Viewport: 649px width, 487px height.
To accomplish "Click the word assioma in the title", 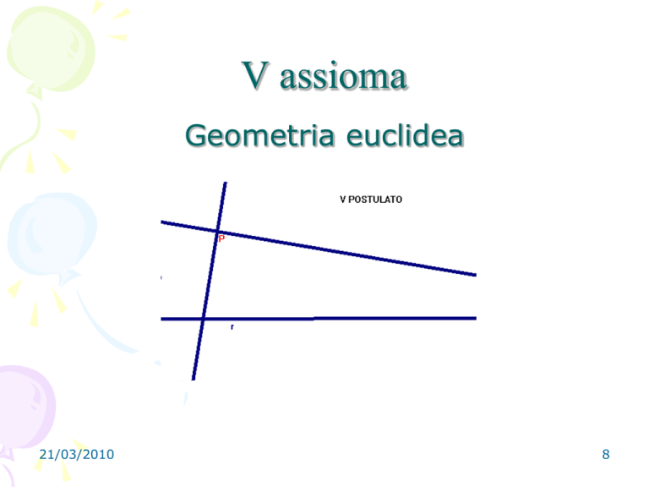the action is pyautogui.click(x=343, y=77).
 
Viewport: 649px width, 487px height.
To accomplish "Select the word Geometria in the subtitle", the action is pyautogui.click(x=259, y=136).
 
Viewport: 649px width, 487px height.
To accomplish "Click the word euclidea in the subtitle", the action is pyautogui.click(x=405, y=136).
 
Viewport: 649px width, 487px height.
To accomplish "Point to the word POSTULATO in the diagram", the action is pyautogui.click(x=375, y=200).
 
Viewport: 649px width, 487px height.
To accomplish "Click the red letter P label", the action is pyautogui.click(x=221, y=238).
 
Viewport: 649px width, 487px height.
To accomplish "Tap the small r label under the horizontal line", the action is pyautogui.click(x=232, y=327).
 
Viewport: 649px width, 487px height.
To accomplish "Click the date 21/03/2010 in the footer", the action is pyautogui.click(x=77, y=454).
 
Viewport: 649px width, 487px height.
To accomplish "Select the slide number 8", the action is pyautogui.click(x=606, y=454).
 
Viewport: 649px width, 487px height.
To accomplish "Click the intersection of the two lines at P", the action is pyautogui.click(x=218, y=232).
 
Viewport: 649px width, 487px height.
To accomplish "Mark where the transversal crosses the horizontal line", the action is pyautogui.click(x=203, y=319).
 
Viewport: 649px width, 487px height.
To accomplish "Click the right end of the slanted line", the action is pyautogui.click(x=476, y=275).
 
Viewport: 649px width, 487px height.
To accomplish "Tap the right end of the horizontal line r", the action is pyautogui.click(x=476, y=318).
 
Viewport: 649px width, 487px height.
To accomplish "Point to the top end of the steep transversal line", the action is pyautogui.click(x=226, y=183).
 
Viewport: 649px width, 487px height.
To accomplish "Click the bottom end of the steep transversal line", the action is pyautogui.click(x=194, y=380).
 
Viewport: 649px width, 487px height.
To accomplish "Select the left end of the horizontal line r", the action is pyautogui.click(x=161, y=319).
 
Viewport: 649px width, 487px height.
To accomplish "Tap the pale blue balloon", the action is pyautogui.click(x=52, y=234).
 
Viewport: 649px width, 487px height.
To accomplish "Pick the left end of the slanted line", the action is pyautogui.click(x=161, y=222).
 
